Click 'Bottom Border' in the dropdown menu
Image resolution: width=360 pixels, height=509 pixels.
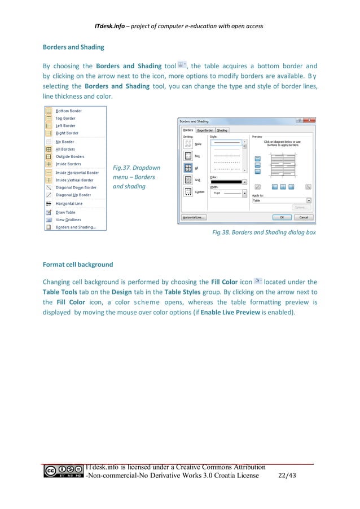tap(68, 111)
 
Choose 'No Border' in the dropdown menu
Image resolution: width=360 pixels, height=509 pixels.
tap(64, 142)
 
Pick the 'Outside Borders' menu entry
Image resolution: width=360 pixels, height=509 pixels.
tap(69, 156)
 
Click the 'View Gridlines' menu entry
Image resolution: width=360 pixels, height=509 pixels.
tap(68, 220)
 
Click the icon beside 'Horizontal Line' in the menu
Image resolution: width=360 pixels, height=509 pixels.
tap(49, 203)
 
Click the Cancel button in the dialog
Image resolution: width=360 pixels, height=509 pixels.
tap(303, 217)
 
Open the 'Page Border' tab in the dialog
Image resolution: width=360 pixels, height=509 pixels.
tap(205, 130)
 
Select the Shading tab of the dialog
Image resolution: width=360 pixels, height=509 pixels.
tap(222, 130)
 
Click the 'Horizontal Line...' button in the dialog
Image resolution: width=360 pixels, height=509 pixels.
tap(194, 217)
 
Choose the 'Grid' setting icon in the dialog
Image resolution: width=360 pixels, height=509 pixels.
tap(188, 180)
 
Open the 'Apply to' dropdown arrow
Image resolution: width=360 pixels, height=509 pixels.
tap(309, 200)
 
